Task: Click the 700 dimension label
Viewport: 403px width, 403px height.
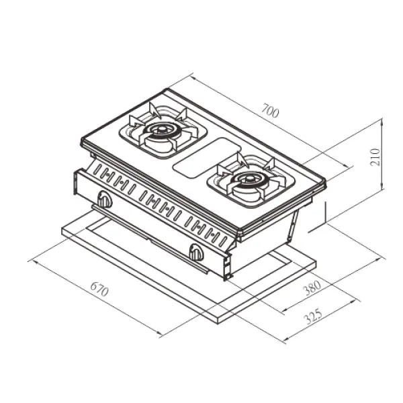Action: coord(270,111)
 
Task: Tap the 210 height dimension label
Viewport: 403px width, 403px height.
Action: coord(375,157)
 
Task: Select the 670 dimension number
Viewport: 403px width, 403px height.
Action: coord(99,289)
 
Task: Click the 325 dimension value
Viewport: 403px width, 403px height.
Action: coord(313,317)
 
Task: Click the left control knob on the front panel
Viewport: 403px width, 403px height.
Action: coord(105,199)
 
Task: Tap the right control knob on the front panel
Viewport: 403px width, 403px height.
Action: coord(196,253)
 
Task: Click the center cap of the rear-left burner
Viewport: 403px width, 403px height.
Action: coord(161,130)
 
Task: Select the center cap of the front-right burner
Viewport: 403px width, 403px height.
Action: coord(249,179)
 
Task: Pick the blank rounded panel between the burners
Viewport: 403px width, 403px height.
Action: coord(207,158)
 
